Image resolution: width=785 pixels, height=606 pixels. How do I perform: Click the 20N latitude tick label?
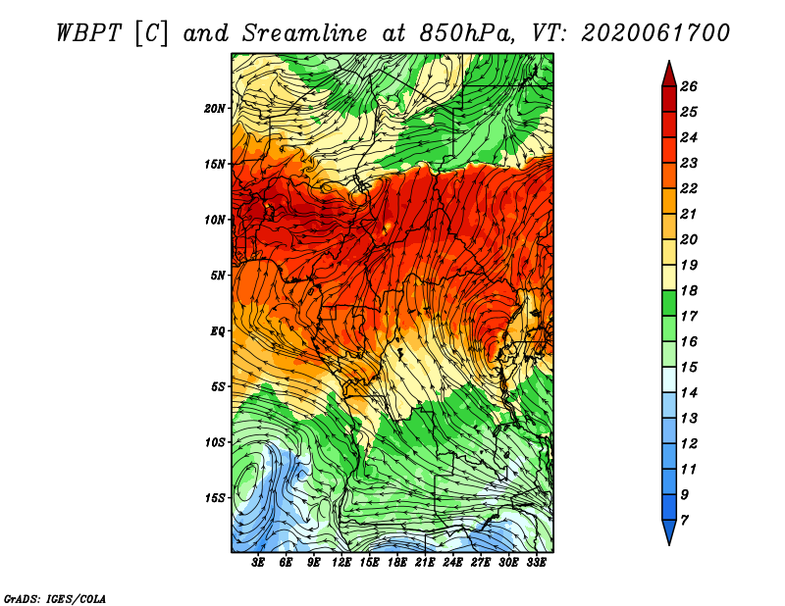click(215, 108)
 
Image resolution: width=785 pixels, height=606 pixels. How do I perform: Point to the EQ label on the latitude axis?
click(218, 330)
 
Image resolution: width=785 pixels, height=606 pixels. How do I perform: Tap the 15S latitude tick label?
click(215, 498)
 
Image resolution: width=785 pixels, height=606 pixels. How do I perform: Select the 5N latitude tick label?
click(218, 276)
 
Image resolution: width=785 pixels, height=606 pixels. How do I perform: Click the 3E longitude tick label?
click(258, 563)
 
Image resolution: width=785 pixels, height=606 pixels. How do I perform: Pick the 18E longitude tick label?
click(397, 563)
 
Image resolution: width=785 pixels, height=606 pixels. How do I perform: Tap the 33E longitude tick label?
click(536, 563)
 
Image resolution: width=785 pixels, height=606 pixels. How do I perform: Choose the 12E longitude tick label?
click(341, 563)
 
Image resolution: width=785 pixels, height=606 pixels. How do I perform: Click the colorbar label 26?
click(689, 86)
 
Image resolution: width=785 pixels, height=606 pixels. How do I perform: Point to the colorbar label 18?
click(689, 290)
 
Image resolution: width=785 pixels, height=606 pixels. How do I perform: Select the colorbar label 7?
click(685, 521)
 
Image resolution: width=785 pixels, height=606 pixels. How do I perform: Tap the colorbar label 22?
click(689, 188)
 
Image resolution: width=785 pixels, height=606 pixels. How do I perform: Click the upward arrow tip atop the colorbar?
click(669, 62)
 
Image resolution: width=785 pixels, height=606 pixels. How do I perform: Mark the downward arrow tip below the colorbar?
click(669, 544)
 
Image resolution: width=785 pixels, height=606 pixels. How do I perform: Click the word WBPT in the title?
click(88, 33)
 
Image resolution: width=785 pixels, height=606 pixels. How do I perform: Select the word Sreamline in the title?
click(305, 33)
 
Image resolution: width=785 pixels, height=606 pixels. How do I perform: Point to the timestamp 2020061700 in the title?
click(655, 33)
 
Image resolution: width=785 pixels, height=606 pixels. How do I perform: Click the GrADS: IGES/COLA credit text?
click(55, 599)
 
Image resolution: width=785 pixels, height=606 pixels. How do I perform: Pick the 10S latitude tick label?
click(215, 442)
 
